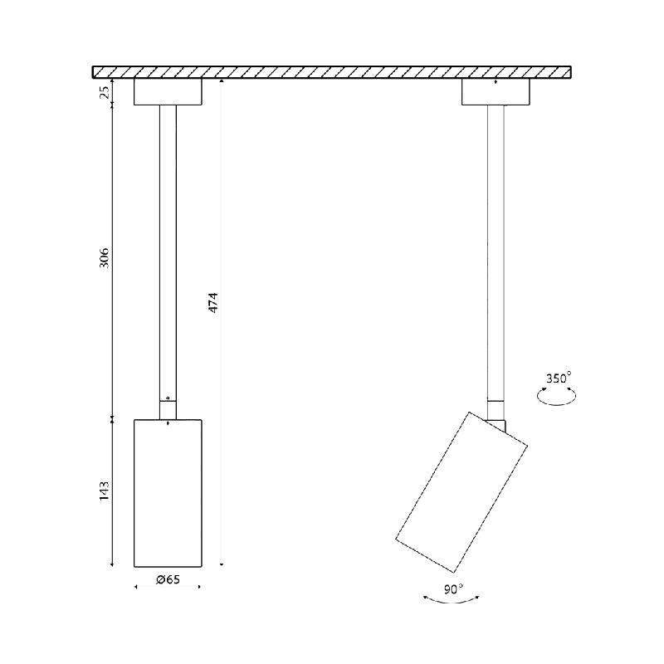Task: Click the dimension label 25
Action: click(x=105, y=91)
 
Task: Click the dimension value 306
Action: click(x=105, y=258)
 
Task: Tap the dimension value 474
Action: click(x=213, y=302)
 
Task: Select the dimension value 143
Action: click(x=105, y=491)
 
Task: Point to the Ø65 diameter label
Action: click(x=168, y=579)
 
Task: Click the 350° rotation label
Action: click(x=558, y=378)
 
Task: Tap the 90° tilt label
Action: click(x=453, y=588)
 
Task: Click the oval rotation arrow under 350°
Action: click(x=556, y=404)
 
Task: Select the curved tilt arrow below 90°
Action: click(x=452, y=601)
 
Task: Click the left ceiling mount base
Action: click(x=168, y=91)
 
